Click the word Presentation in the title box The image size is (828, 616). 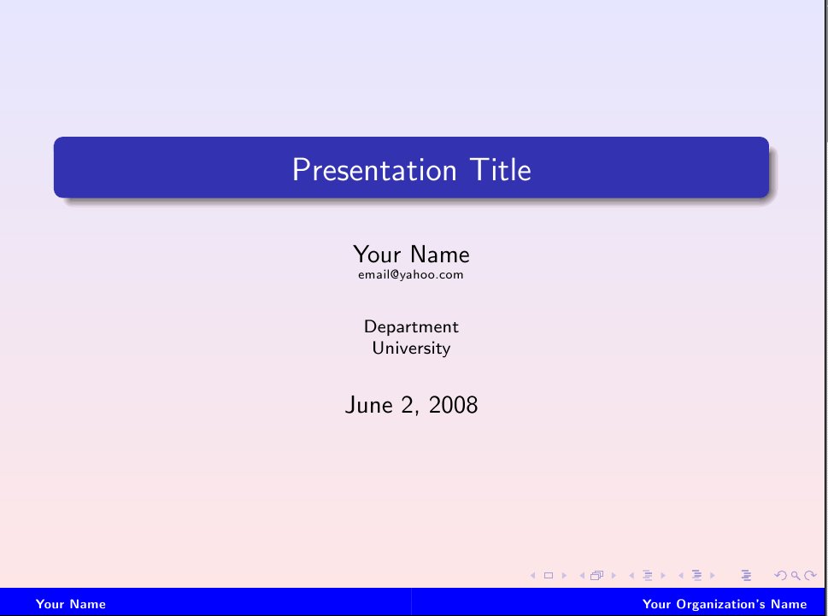374,171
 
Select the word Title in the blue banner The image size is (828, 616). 501,169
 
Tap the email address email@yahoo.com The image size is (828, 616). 411,274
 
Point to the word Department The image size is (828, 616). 411,327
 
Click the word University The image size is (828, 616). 411,349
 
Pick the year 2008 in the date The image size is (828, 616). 453,405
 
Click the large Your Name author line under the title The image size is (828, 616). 411,255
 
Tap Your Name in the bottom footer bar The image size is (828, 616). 71,604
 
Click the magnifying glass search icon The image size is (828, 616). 796,575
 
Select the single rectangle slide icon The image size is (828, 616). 549,575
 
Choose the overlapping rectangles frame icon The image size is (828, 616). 597,575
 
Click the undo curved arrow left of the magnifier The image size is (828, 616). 780,575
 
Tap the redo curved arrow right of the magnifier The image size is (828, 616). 810,575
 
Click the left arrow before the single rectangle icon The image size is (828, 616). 533,575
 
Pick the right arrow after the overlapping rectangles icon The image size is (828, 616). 614,575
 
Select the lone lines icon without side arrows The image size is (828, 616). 746,575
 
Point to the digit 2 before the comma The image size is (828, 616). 408,405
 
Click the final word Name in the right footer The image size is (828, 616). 789,604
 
